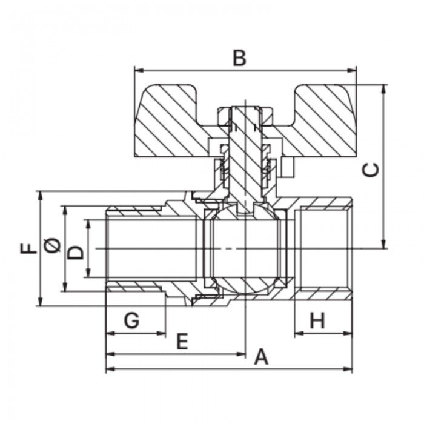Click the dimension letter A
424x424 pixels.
click(x=260, y=357)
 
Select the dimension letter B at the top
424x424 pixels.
click(x=240, y=59)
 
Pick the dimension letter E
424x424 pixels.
click(x=181, y=342)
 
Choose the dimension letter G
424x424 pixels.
click(x=131, y=320)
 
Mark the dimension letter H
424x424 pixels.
click(x=317, y=320)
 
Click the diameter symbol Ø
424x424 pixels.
click(x=52, y=245)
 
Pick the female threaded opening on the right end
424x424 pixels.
click(x=324, y=249)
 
